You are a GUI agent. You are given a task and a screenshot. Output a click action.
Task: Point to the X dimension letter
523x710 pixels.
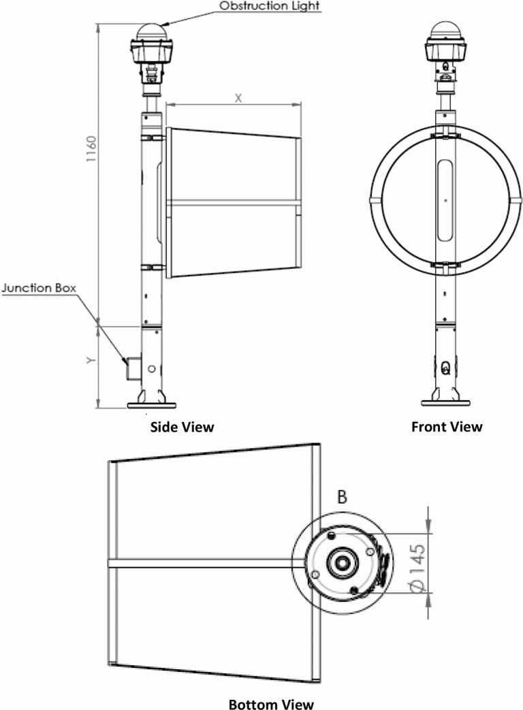point(238,97)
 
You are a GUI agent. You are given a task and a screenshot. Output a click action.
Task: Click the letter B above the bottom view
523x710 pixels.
point(343,497)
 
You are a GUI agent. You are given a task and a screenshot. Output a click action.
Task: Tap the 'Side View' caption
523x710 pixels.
point(180,427)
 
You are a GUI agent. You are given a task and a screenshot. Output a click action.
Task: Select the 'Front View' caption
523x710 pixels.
point(447,427)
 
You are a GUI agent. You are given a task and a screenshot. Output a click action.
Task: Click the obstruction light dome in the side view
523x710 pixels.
point(152,32)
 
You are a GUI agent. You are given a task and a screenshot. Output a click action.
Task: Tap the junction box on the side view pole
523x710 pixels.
point(131,368)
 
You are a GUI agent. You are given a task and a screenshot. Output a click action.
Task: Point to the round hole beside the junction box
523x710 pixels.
point(151,368)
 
